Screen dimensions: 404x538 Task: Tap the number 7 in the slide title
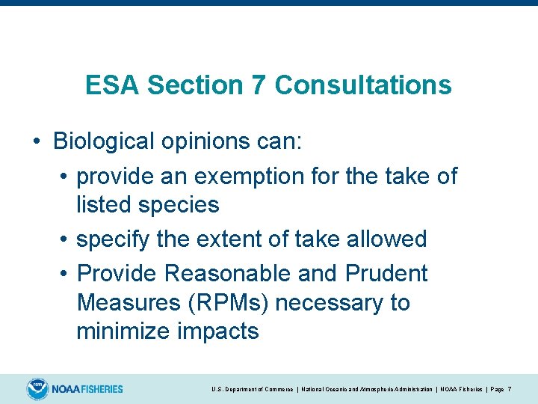259,85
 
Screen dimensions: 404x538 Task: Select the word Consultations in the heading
363,85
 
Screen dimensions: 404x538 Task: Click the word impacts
217,331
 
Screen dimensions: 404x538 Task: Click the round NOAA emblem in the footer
37,389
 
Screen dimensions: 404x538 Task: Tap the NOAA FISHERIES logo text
87,389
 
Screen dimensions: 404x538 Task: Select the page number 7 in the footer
509,390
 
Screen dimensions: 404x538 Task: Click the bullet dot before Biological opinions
36,141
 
